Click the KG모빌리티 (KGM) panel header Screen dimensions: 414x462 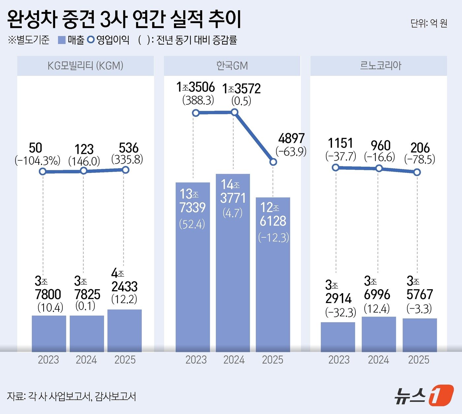click(85, 66)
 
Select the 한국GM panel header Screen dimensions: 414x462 click(232, 66)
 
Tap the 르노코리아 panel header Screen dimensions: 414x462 click(380, 66)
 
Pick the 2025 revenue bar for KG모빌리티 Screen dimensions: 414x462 click(124, 330)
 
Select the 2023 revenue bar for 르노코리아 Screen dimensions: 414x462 click(338, 337)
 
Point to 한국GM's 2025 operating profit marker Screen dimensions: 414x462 click(273, 162)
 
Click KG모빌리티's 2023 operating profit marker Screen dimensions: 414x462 click(43, 171)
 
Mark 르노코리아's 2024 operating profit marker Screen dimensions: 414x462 click(379, 168)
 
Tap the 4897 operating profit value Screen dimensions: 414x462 click(291, 138)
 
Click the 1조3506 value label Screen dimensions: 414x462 click(196, 87)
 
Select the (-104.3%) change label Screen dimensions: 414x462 click(38, 161)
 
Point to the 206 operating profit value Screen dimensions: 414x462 click(420, 148)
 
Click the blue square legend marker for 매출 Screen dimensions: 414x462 click(62, 40)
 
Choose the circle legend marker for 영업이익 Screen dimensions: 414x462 click(91, 40)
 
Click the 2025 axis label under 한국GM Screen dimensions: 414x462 click(273, 360)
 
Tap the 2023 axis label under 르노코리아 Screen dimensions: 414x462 click(339, 360)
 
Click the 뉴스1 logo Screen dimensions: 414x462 click(424, 395)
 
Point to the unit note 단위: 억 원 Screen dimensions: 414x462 click(429, 23)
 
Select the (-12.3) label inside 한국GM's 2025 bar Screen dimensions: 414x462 click(273, 237)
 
